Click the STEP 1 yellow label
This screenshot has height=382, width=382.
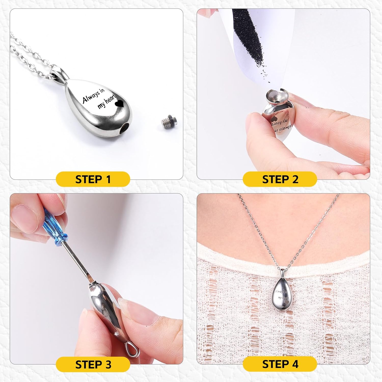pos(93,179)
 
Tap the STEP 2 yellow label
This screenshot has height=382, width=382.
pos(280,179)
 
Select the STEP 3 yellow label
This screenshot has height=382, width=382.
pos(93,364)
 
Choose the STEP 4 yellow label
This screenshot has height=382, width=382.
pos(280,364)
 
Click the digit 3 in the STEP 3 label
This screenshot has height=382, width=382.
pos(108,365)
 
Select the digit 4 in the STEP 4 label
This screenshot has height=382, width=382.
pos(295,364)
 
